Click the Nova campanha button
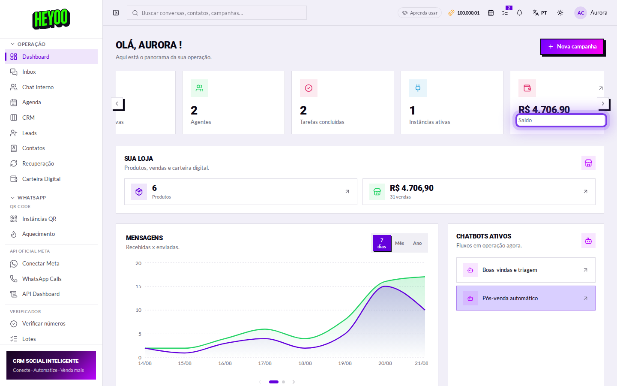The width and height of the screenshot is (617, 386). (572, 47)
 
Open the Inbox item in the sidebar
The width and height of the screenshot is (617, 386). (51, 72)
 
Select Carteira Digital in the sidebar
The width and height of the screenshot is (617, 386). (51, 179)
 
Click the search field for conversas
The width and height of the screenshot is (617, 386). (216, 13)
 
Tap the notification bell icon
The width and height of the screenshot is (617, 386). (519, 13)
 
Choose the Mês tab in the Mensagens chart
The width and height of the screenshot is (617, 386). (399, 243)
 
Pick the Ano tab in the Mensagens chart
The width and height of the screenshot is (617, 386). (417, 243)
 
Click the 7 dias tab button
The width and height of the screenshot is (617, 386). (381, 243)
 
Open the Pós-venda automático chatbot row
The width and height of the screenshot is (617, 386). (526, 298)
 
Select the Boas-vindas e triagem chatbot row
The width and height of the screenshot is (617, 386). (526, 270)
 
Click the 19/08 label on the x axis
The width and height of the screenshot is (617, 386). (345, 363)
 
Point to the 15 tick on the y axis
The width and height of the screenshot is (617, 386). (138, 286)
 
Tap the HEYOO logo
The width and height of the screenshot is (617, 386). (51, 19)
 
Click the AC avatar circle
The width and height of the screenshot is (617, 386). (581, 13)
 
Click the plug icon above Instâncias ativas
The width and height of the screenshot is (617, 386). (418, 88)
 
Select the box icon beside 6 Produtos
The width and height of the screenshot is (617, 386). (139, 192)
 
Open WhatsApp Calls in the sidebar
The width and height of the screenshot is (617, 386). (51, 279)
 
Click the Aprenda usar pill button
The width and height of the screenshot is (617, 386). (419, 13)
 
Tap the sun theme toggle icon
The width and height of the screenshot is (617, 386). (560, 13)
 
